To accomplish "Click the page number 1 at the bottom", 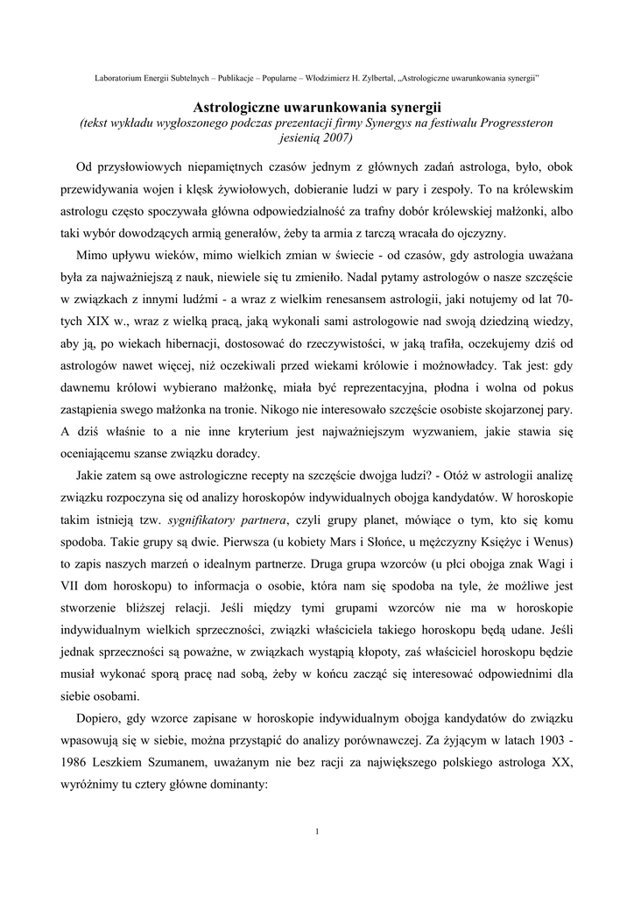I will click(316, 830).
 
